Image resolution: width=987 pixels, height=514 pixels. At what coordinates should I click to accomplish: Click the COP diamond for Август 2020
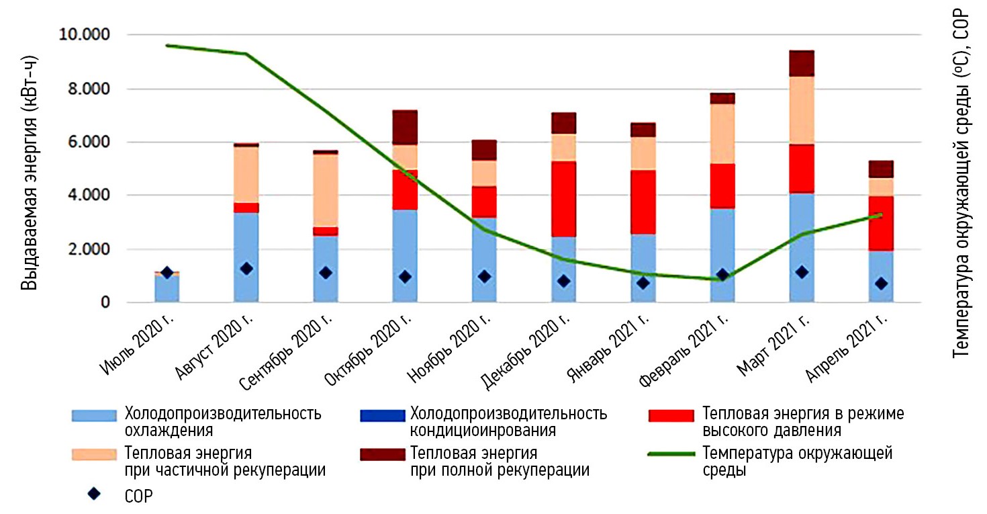click(x=246, y=269)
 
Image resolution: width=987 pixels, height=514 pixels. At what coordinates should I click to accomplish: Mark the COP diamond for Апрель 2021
click(x=881, y=284)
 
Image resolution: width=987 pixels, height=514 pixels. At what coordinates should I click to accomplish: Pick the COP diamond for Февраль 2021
click(x=722, y=275)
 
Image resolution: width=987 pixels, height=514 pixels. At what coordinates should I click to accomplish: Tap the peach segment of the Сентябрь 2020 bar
click(x=326, y=190)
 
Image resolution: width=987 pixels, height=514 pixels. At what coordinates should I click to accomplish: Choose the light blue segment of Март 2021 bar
click(x=802, y=248)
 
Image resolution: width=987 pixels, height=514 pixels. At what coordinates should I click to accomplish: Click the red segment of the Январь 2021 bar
click(x=643, y=202)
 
